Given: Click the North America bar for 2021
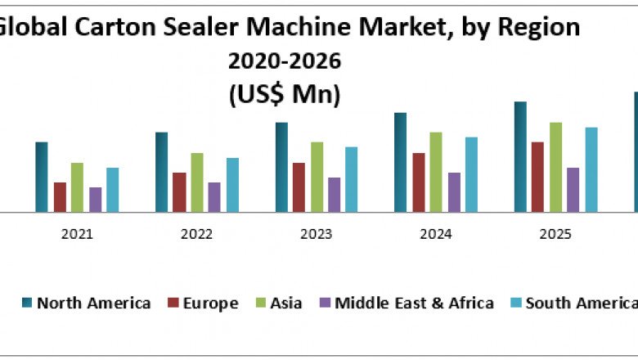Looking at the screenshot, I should coord(42,177).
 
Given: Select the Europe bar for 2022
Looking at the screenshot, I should coord(179,191).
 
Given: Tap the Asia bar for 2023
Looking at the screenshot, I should coord(317,177).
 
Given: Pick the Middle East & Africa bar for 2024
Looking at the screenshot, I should coord(454,191).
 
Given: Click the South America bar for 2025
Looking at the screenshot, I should coord(591,169).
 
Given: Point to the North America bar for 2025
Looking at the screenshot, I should coord(520,156).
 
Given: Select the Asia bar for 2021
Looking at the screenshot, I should coord(77,187).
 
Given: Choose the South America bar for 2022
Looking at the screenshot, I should coord(232,185).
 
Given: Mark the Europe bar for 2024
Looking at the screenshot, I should coord(419,182).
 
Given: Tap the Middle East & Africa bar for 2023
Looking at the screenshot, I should coord(334,195).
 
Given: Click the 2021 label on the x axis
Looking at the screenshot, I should coord(77,234).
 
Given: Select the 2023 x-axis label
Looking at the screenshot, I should coord(317,234).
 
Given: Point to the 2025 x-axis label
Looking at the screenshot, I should coord(555,234).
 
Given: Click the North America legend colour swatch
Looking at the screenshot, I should coord(26,304).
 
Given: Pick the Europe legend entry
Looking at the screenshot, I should coord(202,304).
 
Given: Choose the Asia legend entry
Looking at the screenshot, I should coord(277,304).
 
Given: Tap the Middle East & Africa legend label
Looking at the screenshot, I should coord(415,304).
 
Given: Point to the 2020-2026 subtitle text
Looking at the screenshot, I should coord(284,61).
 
